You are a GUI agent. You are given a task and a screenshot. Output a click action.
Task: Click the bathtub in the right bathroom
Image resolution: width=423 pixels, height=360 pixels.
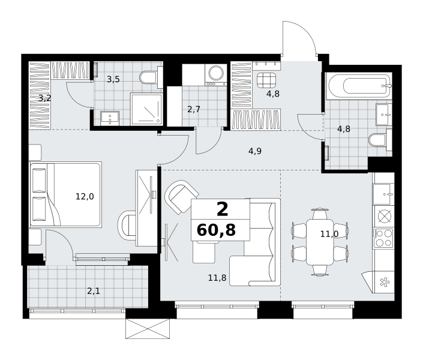pos(359,86)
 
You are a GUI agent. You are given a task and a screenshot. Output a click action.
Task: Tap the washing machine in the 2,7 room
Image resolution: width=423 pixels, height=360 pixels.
pos(215,75)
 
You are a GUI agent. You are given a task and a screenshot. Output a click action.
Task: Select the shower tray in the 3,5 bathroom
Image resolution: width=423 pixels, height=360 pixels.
pos(146,109)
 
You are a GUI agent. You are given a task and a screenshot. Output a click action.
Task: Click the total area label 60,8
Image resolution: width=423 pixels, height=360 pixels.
pos(216,230)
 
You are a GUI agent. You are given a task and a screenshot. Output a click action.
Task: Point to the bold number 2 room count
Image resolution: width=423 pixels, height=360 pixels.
pos(222,209)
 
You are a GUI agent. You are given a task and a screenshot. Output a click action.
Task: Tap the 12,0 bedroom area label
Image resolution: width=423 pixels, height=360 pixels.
pos(85,196)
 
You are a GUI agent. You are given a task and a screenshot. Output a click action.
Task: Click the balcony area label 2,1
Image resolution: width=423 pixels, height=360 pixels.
pos(94,291)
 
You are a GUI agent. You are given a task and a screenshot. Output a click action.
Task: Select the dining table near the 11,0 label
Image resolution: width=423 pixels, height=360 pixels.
pos(320,242)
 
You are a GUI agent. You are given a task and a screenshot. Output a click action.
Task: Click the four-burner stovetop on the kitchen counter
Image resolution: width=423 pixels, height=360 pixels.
pos(383,238)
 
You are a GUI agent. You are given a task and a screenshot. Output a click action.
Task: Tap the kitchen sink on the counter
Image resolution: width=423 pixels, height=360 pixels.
pos(383,194)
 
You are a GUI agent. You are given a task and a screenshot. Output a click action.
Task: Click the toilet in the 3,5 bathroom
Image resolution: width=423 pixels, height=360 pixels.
pos(148,77)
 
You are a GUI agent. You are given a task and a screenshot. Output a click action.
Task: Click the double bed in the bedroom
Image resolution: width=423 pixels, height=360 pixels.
pos(65,194)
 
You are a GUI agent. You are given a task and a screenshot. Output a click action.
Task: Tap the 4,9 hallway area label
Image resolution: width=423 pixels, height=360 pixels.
pos(255,151)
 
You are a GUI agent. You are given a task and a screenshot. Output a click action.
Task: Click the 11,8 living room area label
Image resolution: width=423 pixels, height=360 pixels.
pos(217,277)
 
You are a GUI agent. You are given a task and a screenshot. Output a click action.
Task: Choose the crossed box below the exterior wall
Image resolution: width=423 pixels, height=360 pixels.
pos(148,328)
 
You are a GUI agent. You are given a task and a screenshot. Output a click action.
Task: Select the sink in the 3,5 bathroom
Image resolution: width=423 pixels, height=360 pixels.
pos(110,118)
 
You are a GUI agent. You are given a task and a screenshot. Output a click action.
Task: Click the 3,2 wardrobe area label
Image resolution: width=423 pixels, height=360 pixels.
pos(44,98)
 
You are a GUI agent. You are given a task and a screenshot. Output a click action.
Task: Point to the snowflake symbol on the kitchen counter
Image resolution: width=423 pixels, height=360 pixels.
pos(385,283)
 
